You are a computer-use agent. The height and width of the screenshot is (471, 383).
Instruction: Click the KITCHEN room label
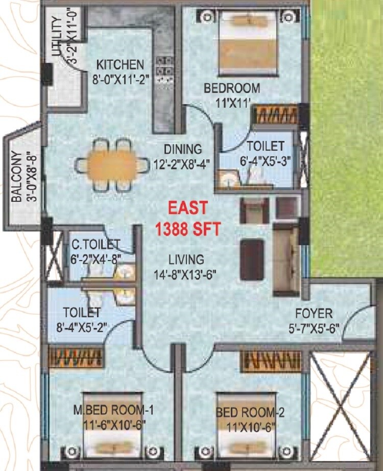pos(120,65)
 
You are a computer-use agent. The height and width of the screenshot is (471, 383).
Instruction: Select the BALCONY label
pos(16,176)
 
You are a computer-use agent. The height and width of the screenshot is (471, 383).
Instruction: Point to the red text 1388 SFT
pos(188,228)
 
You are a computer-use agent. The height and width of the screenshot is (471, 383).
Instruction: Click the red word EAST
pos(188,208)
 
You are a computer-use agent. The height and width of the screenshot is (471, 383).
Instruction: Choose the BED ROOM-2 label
pos(247,412)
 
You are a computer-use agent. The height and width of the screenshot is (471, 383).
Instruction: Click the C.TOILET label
pos(95,245)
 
